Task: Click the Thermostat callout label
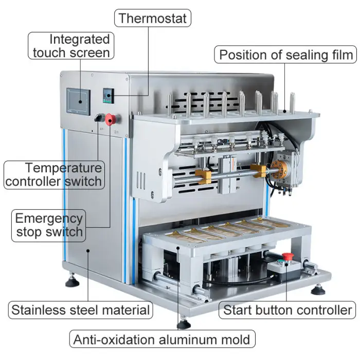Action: [152, 19]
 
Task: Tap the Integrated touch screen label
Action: [71, 46]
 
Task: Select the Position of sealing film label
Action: [286, 55]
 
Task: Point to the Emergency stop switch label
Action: [49, 225]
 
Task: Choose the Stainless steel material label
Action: [80, 310]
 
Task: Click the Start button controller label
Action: [287, 310]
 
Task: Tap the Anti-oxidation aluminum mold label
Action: [162, 339]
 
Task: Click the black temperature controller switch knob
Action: [98, 118]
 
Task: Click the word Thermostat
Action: [152, 19]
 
